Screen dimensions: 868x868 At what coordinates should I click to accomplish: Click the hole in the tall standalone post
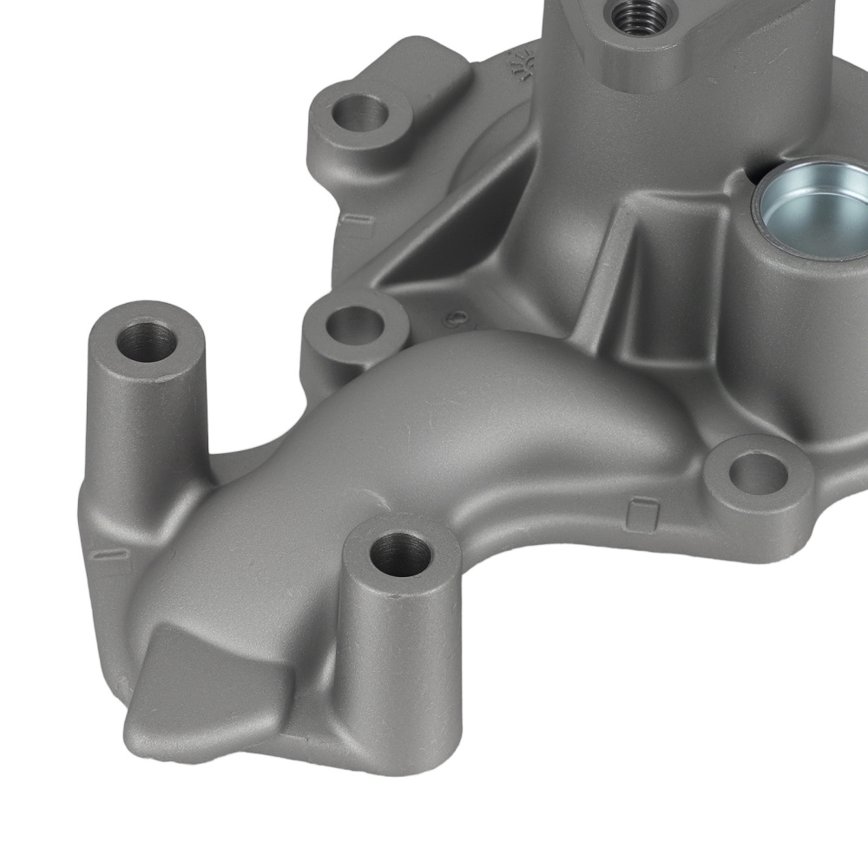tap(148, 339)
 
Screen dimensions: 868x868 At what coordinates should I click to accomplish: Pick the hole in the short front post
tap(400, 555)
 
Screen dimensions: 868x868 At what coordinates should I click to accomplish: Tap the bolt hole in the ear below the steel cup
tap(758, 473)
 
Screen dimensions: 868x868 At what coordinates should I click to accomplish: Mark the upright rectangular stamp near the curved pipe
tap(641, 514)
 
